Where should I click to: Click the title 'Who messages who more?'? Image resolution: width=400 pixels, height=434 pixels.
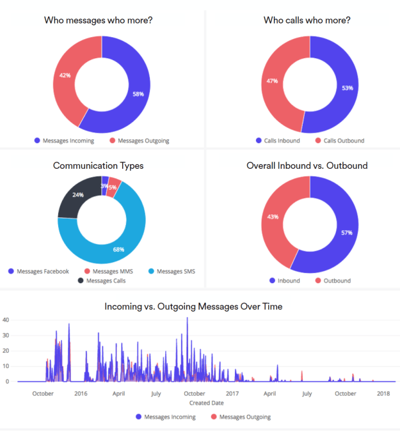click(x=98, y=20)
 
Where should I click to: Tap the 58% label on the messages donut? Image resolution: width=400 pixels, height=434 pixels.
click(x=138, y=94)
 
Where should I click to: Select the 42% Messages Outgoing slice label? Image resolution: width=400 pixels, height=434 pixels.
click(x=65, y=75)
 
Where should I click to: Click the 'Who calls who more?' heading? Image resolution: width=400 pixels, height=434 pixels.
click(x=307, y=20)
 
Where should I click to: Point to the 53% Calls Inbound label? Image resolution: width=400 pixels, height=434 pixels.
click(x=348, y=88)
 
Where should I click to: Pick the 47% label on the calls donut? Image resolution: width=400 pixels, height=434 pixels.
click(x=273, y=81)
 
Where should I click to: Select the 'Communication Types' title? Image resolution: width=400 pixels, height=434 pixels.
click(x=98, y=166)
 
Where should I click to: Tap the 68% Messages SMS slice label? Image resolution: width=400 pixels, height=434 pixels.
click(x=118, y=249)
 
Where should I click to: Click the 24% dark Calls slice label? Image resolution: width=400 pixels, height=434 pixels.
click(x=78, y=195)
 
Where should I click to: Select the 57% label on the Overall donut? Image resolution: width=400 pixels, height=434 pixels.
click(x=347, y=233)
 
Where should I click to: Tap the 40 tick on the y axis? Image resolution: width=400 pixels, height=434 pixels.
click(x=6, y=319)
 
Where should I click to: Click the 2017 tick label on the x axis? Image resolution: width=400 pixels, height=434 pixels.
click(x=232, y=394)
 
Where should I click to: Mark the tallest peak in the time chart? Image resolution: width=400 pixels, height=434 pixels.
click(x=188, y=318)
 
